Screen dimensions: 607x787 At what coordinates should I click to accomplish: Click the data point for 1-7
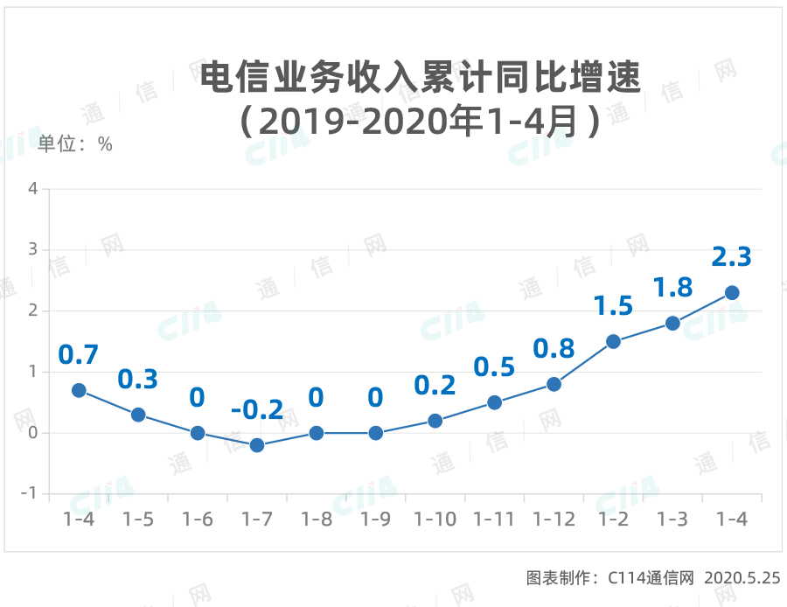(x=257, y=445)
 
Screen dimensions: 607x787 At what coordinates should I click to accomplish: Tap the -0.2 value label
(x=257, y=410)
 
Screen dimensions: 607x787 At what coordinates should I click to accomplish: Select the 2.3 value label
(x=732, y=257)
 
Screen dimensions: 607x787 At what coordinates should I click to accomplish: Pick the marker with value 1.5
(x=613, y=341)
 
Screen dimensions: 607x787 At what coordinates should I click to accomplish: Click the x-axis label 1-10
(x=435, y=519)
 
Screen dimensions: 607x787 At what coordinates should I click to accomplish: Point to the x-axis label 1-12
(x=554, y=519)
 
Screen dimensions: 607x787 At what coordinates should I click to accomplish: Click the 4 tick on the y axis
(x=32, y=189)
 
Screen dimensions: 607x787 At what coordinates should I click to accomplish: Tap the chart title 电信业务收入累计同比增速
(x=421, y=78)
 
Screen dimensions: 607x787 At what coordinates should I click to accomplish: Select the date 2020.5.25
(x=742, y=577)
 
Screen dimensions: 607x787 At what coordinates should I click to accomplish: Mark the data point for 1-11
(x=494, y=402)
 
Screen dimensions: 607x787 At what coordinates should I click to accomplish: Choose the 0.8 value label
(x=554, y=349)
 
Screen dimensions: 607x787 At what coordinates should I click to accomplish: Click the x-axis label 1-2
(x=613, y=519)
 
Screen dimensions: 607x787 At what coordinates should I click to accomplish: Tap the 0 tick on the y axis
(x=32, y=433)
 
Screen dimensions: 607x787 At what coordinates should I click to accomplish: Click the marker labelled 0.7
(x=79, y=390)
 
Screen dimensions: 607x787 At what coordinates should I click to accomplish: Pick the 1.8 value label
(x=672, y=288)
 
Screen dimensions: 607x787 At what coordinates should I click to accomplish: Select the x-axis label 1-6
(x=198, y=519)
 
